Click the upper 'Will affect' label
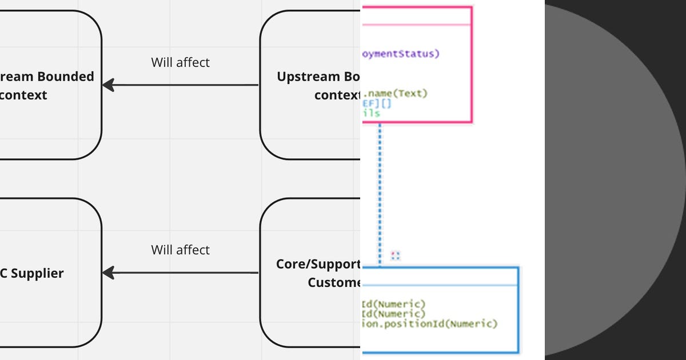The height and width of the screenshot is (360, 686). click(180, 62)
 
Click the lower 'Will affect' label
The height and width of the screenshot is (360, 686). click(180, 250)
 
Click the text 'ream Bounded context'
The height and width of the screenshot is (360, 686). click(47, 86)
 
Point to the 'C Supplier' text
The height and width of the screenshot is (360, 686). click(32, 273)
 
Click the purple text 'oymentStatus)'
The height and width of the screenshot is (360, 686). click(401, 54)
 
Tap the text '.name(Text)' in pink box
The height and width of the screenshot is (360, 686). click(396, 93)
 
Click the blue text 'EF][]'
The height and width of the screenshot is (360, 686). click(377, 103)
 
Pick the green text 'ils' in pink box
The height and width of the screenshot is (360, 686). click(371, 113)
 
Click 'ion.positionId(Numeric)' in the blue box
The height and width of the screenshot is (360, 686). click(430, 323)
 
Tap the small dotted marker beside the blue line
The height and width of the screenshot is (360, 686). click(395, 255)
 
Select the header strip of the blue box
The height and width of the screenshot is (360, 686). click(440, 277)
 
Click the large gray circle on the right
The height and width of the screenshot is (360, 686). click(617, 180)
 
